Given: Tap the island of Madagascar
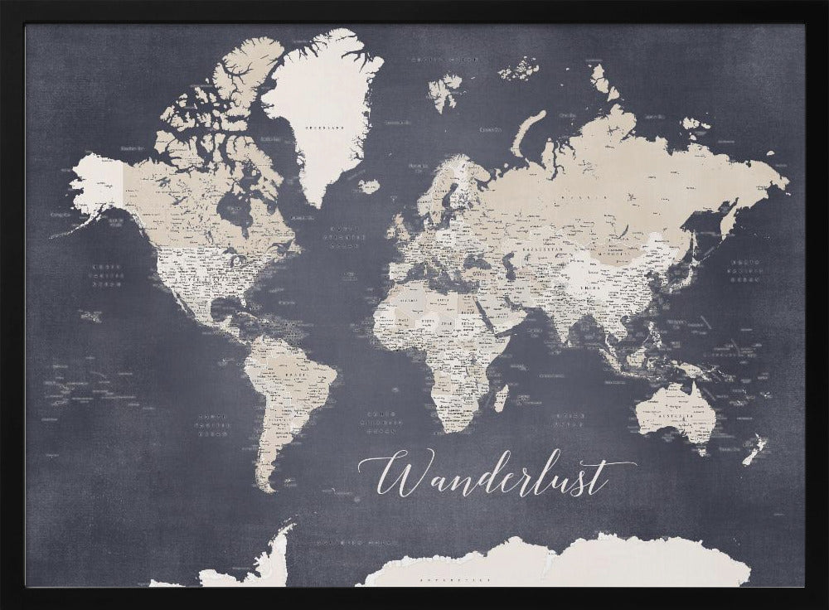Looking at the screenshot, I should coord(501,397).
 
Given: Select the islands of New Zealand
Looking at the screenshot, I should coord(754,450).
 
